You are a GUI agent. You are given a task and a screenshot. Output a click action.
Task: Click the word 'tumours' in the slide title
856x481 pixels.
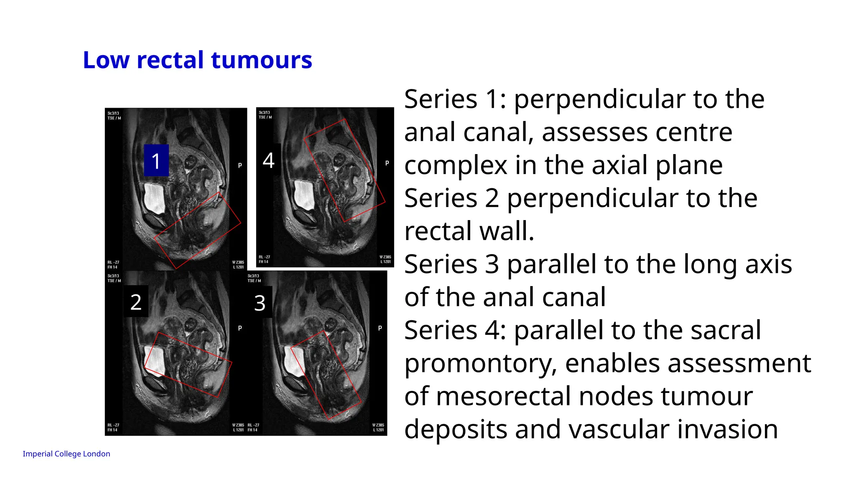(262, 60)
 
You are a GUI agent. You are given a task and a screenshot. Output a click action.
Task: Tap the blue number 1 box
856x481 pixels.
(156, 161)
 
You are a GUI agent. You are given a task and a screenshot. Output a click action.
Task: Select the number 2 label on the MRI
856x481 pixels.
(136, 302)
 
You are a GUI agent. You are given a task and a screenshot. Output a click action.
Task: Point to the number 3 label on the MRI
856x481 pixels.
(260, 303)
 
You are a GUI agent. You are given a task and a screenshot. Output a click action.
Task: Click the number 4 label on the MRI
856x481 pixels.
(268, 160)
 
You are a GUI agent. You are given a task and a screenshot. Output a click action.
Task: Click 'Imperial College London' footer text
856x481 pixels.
(66, 454)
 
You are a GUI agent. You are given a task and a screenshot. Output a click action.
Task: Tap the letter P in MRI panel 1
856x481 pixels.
(240, 165)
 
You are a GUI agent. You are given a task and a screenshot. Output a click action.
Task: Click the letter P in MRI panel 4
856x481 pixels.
(387, 163)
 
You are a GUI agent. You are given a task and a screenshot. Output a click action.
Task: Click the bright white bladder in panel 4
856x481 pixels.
(304, 195)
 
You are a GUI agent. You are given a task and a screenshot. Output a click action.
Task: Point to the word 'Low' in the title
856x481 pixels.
(106, 60)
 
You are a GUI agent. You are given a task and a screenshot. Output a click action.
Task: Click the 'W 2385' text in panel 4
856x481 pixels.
(385, 257)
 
